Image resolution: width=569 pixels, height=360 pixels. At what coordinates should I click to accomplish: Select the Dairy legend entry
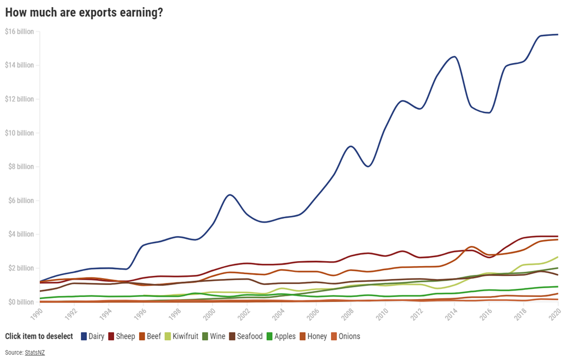[x=92, y=336]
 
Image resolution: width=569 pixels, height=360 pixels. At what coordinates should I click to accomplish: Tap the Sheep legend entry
[x=121, y=336]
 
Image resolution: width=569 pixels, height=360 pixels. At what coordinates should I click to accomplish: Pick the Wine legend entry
[x=213, y=336]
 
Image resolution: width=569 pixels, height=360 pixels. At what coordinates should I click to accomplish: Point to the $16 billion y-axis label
[x=19, y=31]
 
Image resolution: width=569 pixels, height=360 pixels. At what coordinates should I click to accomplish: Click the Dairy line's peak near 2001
[x=230, y=194]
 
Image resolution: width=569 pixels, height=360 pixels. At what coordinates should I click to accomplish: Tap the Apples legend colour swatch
[x=269, y=336]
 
